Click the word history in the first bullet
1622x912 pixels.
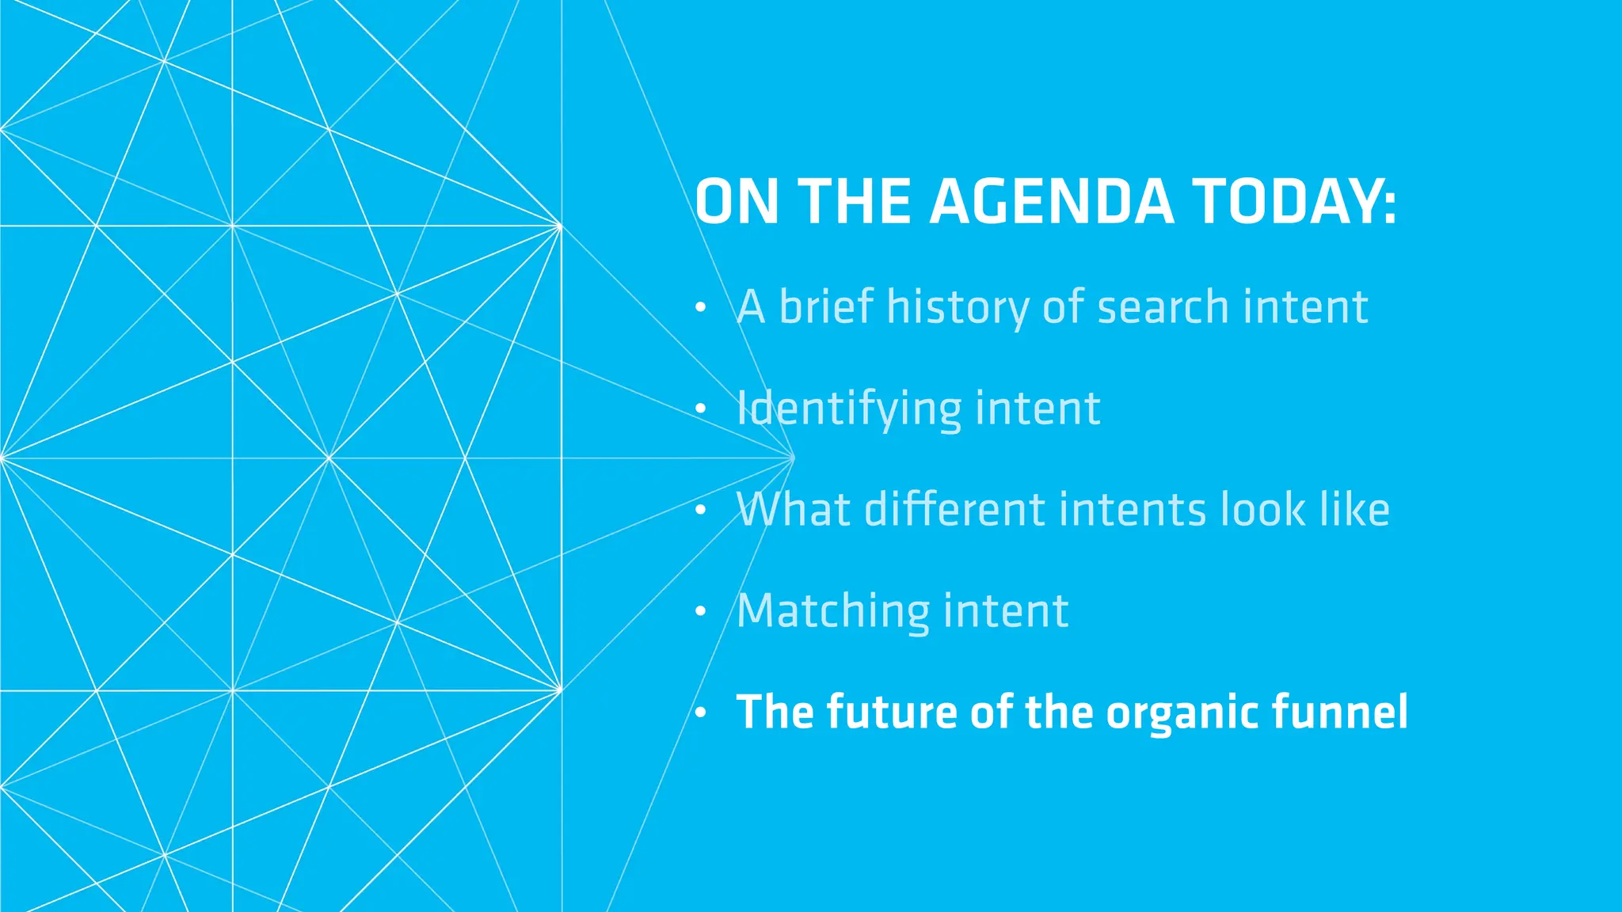tap(958, 307)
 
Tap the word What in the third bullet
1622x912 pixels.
tap(794, 509)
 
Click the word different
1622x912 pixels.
tap(955, 509)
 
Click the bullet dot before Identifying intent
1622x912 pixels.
tap(700, 409)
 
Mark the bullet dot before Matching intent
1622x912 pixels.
tap(700, 612)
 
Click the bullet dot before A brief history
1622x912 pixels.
tap(700, 308)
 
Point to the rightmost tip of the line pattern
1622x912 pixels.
tap(793, 458)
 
